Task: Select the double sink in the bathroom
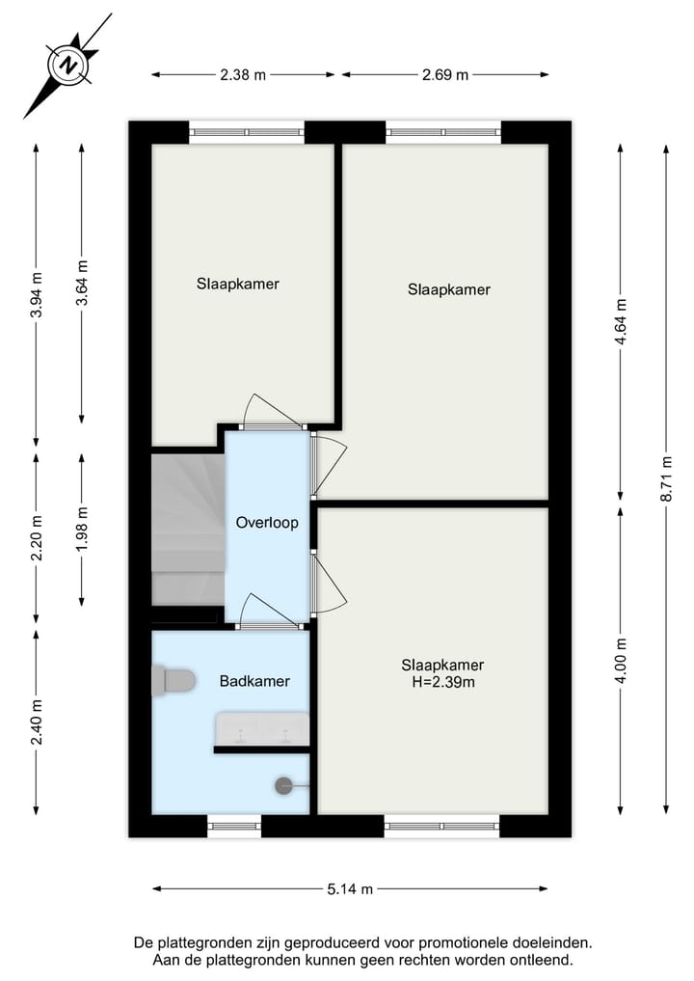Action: [261, 728]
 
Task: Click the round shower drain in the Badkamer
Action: [284, 785]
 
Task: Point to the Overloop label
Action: [267, 523]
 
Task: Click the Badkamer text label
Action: [254, 681]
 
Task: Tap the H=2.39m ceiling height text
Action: [442, 682]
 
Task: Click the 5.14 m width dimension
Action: [350, 889]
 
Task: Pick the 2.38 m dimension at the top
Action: [243, 75]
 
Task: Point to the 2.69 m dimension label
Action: [445, 75]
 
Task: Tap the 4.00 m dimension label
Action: [621, 661]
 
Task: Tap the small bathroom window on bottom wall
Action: [234, 825]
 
